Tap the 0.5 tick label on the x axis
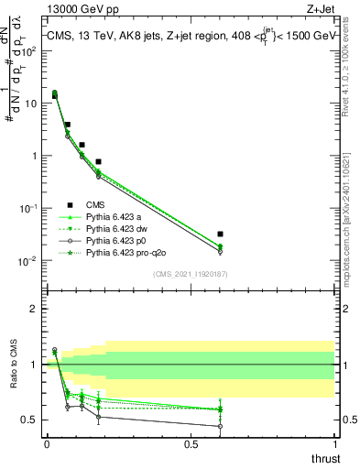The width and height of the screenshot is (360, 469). point(191,443)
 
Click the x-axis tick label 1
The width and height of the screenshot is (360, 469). point(335,443)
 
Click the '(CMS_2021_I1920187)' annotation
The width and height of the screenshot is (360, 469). point(190,273)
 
